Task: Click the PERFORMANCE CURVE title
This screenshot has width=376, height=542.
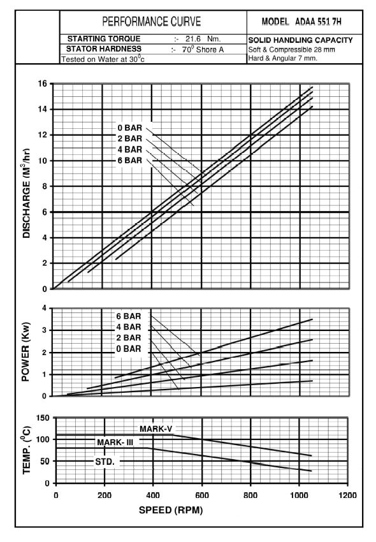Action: (152, 22)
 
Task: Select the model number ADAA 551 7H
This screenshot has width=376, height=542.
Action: (318, 22)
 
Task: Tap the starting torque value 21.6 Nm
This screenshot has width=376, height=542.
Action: (203, 39)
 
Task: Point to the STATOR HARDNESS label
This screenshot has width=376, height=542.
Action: (104, 48)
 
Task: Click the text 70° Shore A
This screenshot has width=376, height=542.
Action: (203, 50)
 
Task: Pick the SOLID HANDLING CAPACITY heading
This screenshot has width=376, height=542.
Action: (300, 40)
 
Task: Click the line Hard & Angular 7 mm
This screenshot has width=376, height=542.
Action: (283, 58)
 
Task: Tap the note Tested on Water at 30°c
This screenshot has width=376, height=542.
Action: (103, 59)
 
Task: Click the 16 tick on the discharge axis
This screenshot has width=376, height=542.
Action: (43, 84)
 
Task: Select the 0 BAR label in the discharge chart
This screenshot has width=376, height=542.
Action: (129, 128)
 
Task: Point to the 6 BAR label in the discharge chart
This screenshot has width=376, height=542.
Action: (129, 161)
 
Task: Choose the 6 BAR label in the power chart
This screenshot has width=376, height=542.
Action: (129, 316)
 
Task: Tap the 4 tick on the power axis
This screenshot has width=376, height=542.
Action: (44, 308)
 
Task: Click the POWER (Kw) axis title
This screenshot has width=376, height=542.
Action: (26, 352)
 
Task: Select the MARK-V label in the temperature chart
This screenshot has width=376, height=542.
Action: (156, 429)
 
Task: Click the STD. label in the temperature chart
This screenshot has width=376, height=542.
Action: (105, 462)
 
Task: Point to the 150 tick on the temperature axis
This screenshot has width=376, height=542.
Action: (43, 418)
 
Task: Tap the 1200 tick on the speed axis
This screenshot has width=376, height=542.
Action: (348, 495)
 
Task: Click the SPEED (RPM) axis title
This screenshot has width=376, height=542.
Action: (171, 510)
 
